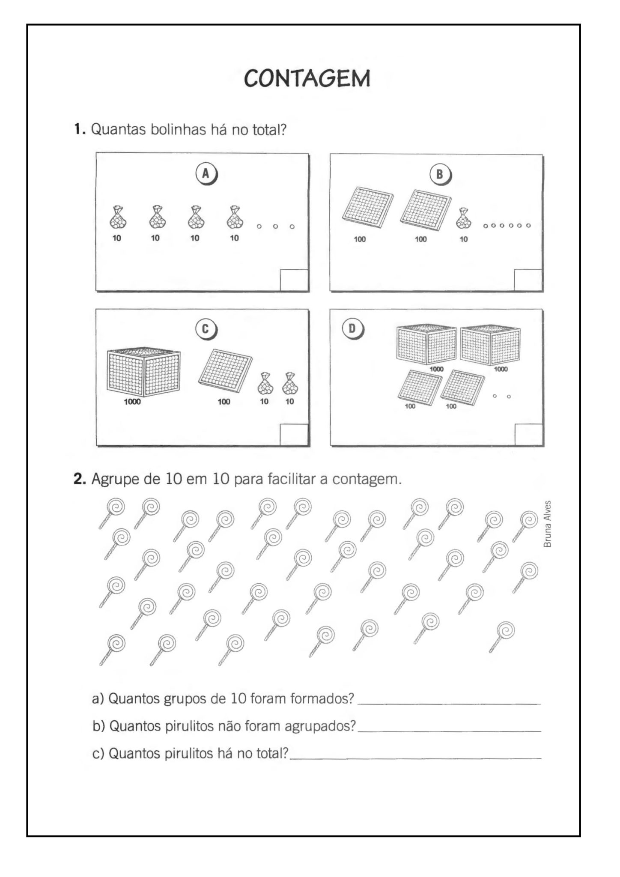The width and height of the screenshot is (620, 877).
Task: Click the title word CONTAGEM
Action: [x=307, y=78]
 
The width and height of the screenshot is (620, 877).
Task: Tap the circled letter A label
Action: [x=206, y=174]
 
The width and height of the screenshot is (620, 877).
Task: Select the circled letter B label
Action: [x=439, y=174]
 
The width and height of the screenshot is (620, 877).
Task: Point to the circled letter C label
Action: [x=205, y=329]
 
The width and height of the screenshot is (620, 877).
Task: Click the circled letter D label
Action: [x=352, y=329]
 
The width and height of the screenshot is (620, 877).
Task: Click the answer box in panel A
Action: [x=294, y=280]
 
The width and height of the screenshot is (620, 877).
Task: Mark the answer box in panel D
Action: [x=528, y=435]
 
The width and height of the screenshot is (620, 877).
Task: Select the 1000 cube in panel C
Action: [x=143, y=372]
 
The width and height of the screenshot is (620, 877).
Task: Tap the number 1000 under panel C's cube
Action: [x=132, y=402]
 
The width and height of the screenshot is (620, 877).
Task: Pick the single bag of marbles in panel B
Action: [x=463, y=218]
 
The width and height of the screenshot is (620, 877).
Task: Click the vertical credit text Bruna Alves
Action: [x=547, y=524]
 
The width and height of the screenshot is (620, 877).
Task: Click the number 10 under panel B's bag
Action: [x=464, y=239]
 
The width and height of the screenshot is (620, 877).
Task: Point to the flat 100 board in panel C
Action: [x=225, y=370]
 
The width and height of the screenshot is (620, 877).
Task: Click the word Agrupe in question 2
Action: [x=115, y=479]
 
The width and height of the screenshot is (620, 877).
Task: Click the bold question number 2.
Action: [x=80, y=479]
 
